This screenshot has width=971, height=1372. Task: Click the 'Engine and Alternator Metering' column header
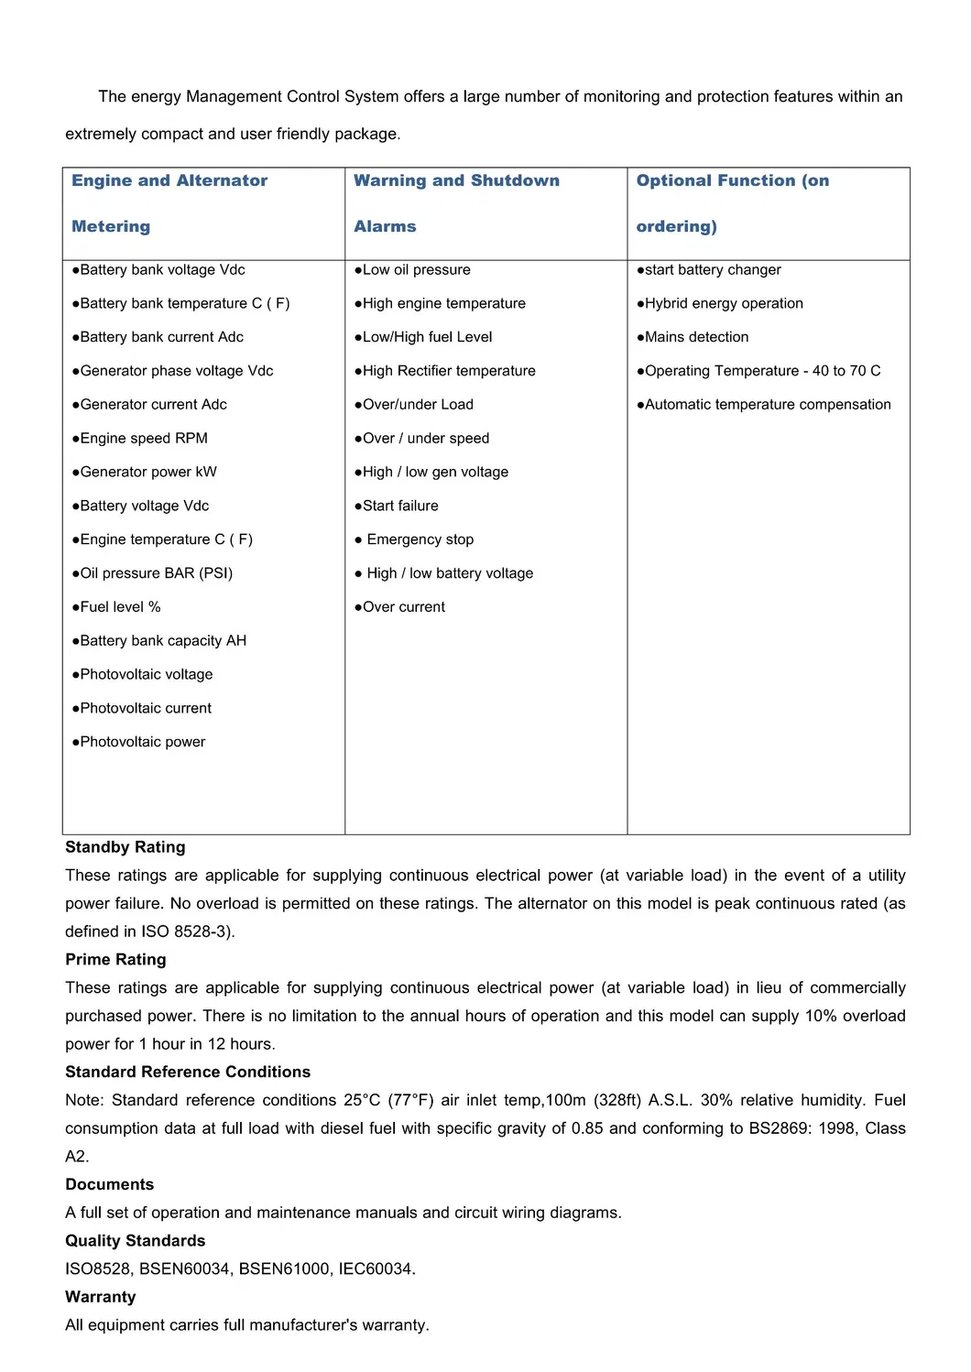tap(169, 202)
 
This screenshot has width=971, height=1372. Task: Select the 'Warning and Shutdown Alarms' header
tap(456, 202)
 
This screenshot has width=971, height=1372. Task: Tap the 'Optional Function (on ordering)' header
tap(733, 202)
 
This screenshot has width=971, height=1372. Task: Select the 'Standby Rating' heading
tap(125, 847)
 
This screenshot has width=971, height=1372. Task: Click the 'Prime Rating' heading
tap(115, 960)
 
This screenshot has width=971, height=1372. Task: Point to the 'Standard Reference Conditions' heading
tap(188, 1072)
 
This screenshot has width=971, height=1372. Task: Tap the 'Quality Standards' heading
tap(136, 1241)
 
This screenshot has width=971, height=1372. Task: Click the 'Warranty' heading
tap(101, 1297)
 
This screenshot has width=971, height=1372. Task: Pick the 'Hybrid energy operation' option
tap(724, 303)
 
